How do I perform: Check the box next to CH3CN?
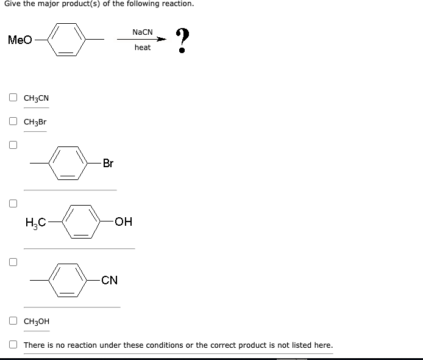(13, 98)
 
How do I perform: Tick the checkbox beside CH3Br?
(13, 121)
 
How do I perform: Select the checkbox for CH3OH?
(13, 321)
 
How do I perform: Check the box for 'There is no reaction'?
(13, 345)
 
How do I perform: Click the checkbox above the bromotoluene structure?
(13, 145)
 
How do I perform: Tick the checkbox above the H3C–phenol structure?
(13, 203)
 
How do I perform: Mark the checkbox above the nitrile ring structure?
(13, 262)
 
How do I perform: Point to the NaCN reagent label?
(142, 31)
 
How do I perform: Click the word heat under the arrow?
(143, 48)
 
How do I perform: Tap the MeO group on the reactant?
(20, 40)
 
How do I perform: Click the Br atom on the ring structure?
(108, 163)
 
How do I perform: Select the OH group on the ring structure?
(124, 221)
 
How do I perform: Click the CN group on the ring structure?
(110, 281)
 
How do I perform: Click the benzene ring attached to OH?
(83, 221)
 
